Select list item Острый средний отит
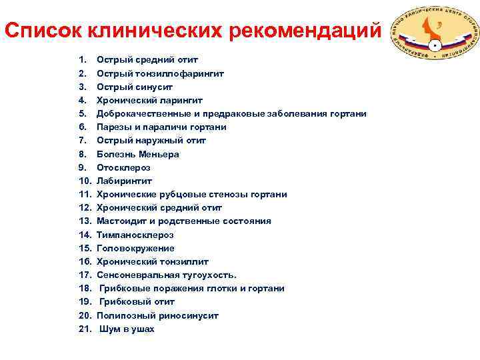[x=147, y=60]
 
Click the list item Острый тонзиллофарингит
[x=160, y=73]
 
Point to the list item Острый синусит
[x=135, y=87]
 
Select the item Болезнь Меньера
[x=137, y=154]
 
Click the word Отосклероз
[x=123, y=167]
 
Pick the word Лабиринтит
[x=124, y=181]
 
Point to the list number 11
[x=85, y=194]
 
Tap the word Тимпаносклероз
[x=135, y=235]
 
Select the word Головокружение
[x=135, y=248]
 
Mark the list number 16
[x=85, y=261]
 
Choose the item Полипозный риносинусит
[x=157, y=315]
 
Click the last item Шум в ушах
[x=127, y=329]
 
